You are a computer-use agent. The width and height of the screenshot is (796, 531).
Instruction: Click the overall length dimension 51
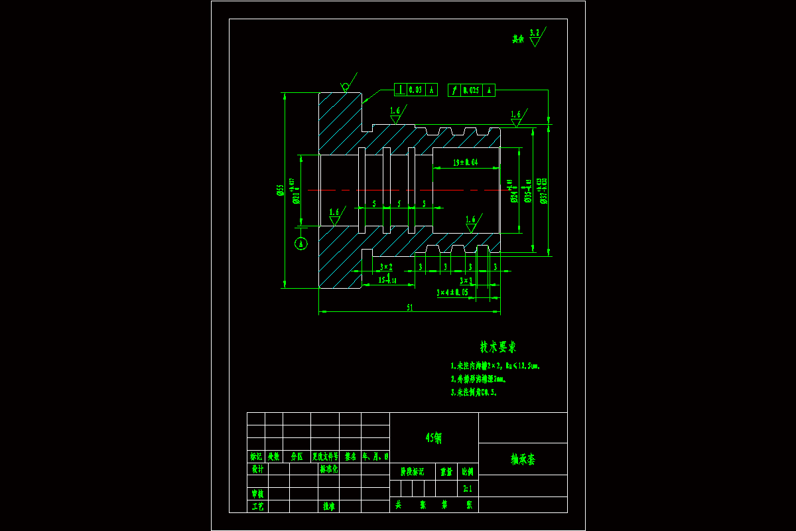409,307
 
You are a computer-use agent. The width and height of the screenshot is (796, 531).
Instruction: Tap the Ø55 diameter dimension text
281,190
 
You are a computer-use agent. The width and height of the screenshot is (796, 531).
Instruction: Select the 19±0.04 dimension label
466,163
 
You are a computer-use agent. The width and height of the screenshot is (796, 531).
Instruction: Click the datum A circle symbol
301,244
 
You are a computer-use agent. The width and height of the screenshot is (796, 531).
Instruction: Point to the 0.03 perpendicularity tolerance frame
416,90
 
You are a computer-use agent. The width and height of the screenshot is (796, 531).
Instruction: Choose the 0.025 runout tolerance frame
472,90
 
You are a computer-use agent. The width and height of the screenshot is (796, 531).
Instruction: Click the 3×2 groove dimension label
386,267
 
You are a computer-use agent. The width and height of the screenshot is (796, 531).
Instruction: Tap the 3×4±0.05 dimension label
452,292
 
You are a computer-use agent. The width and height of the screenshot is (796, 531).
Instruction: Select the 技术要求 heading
497,347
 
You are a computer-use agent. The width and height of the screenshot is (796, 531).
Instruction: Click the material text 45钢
434,438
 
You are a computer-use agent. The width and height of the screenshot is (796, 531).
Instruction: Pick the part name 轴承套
523,459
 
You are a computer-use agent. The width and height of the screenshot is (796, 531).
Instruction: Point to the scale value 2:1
468,489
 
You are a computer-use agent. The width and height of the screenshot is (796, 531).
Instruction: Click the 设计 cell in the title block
257,469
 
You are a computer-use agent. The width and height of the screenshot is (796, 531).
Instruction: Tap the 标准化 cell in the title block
329,469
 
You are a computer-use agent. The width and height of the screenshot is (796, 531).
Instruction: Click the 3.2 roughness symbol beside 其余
535,37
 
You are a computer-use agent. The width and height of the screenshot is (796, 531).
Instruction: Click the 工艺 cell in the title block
257,506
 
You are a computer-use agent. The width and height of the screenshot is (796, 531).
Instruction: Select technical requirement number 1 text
499,366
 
